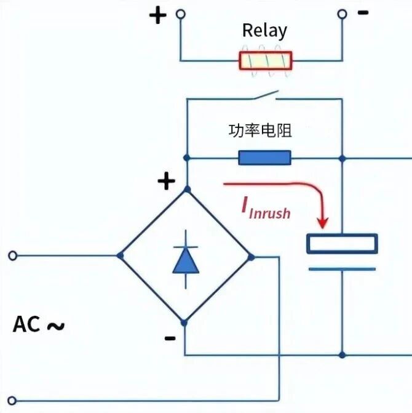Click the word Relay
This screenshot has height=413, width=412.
(264, 31)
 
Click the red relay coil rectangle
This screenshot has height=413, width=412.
(266, 60)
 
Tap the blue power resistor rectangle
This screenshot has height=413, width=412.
(264, 158)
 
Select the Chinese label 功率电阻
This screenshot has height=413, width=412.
(260, 130)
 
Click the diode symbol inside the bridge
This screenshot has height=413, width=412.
(186, 260)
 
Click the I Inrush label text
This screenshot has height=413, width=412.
(266, 209)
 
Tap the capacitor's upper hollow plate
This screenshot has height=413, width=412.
(342, 244)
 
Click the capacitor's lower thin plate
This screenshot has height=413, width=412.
(342, 269)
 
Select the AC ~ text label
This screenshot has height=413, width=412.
(39, 324)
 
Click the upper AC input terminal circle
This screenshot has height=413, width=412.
(13, 255)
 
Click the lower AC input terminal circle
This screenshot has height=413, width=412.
(12, 401)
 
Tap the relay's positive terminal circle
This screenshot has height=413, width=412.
(180, 14)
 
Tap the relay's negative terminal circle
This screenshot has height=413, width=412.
(342, 14)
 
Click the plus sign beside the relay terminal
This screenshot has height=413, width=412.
(158, 15)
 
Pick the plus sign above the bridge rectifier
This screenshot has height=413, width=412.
(166, 181)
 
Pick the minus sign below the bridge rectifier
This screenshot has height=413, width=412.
(170, 338)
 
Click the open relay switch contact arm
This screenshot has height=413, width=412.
(266, 95)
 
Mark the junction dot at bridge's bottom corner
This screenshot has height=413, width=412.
(184, 323)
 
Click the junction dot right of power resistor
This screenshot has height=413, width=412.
(342, 158)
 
